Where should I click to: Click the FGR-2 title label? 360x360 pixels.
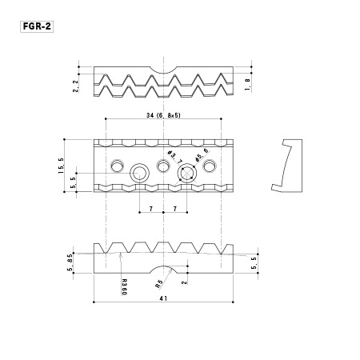click(x=37, y=26)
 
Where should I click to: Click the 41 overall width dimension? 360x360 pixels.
click(x=163, y=298)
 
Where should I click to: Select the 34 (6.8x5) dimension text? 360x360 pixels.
click(x=163, y=115)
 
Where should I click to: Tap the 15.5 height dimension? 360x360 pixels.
click(x=61, y=166)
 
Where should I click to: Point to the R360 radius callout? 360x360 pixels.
click(x=124, y=287)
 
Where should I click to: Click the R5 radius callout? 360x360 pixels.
click(x=159, y=284)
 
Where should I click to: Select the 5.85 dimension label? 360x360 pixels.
click(x=70, y=262)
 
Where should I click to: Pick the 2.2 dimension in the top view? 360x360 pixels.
click(x=76, y=86)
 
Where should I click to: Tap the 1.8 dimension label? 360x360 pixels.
click(x=247, y=85)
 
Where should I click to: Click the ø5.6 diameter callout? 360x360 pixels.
click(x=202, y=155)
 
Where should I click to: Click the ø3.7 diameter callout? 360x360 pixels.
click(x=174, y=158)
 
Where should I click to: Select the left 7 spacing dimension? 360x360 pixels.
click(x=151, y=209)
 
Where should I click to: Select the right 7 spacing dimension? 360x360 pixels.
click(x=175, y=209)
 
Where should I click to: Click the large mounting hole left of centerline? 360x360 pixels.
click(x=139, y=174)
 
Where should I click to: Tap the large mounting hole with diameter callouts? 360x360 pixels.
click(x=187, y=174)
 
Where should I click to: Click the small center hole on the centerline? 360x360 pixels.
click(x=163, y=166)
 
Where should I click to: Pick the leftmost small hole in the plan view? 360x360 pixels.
click(x=118, y=166)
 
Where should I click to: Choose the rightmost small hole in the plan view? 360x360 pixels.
click(x=210, y=166)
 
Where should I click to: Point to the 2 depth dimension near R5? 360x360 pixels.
click(x=184, y=282)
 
